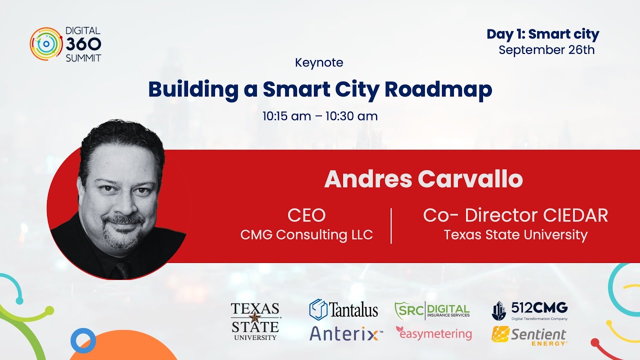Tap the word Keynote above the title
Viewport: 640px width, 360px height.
point(319,62)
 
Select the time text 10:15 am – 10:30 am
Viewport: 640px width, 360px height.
point(320,116)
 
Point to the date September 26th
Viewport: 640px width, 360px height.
point(546,50)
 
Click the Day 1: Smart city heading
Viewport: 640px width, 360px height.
point(542,34)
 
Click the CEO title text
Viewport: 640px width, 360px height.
point(306,215)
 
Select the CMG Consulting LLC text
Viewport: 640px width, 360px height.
point(306,234)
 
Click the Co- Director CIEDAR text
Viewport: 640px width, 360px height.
point(515,215)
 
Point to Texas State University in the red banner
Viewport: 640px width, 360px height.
point(515,234)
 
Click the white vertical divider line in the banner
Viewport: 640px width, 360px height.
point(391,226)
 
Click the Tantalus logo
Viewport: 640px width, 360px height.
point(343,309)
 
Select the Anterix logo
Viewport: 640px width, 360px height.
point(346,333)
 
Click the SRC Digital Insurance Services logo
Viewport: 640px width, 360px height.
point(432,310)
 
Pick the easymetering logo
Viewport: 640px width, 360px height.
point(433,333)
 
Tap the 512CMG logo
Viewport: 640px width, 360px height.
point(529,310)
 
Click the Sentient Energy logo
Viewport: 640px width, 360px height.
point(529,335)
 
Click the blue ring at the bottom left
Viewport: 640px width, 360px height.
point(83,340)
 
